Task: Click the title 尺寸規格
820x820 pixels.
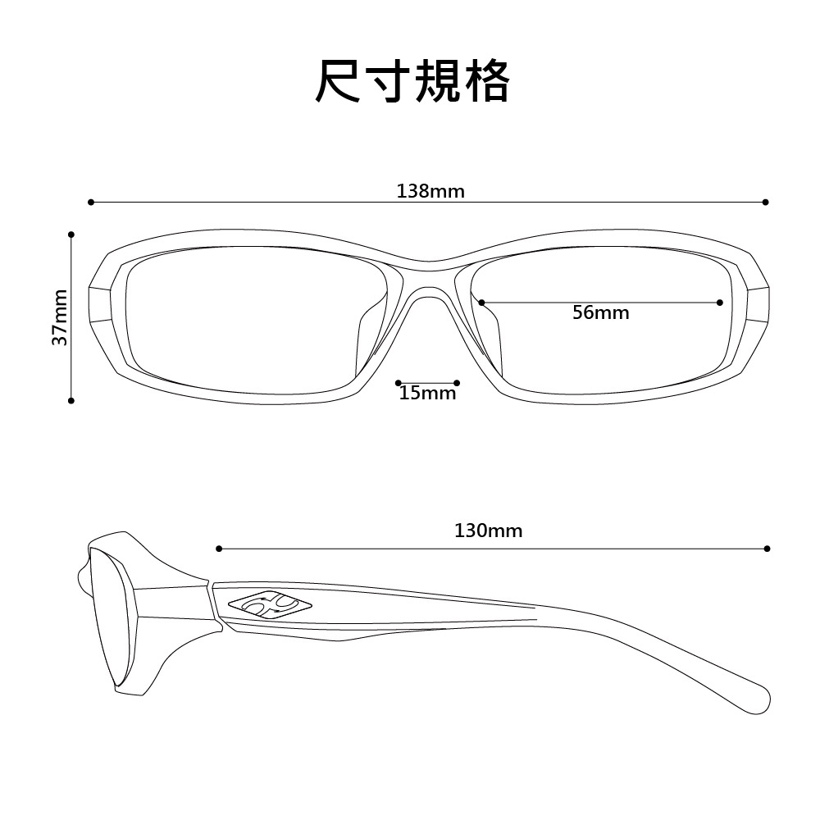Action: click(x=412, y=81)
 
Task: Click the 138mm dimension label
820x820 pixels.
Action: click(x=430, y=191)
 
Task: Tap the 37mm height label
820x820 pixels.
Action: click(x=60, y=317)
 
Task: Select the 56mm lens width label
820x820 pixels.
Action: click(x=601, y=312)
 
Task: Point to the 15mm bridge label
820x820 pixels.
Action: click(x=428, y=393)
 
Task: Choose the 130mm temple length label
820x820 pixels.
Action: click(x=489, y=531)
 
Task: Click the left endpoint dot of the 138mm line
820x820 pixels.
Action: click(x=91, y=202)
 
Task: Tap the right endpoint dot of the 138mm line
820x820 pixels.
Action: click(x=766, y=202)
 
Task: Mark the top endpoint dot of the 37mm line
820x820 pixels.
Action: click(x=71, y=235)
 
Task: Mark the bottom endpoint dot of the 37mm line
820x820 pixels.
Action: click(x=71, y=401)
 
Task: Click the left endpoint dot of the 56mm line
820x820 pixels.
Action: click(x=481, y=303)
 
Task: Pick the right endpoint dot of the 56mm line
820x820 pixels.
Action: click(x=720, y=303)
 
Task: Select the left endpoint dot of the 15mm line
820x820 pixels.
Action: click(x=399, y=383)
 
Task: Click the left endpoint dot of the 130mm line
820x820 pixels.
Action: click(x=219, y=549)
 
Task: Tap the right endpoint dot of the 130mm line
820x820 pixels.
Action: click(x=768, y=549)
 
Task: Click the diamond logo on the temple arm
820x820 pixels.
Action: click(x=270, y=605)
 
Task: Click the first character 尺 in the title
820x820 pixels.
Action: click(x=337, y=81)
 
